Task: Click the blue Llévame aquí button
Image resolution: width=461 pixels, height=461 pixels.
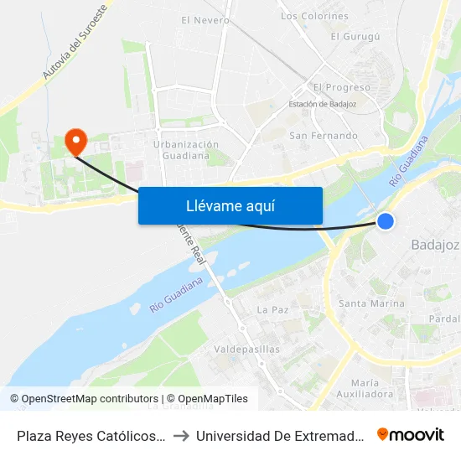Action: pos(230,205)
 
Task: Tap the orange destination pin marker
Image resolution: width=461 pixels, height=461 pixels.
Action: pos(75,141)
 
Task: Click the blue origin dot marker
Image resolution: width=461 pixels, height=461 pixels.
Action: pos(385,220)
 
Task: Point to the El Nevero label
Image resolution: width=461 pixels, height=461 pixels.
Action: pos(205,19)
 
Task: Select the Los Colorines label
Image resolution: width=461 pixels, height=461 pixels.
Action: pos(314,16)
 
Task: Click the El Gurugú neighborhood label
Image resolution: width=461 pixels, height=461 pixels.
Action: pos(355,36)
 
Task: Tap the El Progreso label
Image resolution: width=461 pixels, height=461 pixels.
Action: pos(341,87)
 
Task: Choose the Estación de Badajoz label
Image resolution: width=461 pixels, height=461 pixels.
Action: pos(322,104)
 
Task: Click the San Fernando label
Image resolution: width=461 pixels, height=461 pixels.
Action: pos(323,135)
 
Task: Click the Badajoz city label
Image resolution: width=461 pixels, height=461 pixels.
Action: pos(435,245)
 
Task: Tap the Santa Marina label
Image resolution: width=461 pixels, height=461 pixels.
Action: pos(370,303)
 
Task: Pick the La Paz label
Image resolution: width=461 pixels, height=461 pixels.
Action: pos(272,309)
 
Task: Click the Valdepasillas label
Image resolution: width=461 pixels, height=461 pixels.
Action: pos(247,349)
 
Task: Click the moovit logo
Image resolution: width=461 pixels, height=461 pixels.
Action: pos(411,434)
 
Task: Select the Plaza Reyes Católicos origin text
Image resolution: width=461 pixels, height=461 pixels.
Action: pos(91,435)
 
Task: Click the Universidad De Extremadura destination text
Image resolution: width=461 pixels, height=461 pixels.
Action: pos(281,435)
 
